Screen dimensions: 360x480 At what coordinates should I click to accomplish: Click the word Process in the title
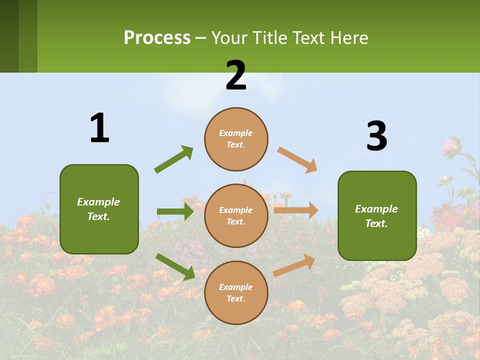coord(157,38)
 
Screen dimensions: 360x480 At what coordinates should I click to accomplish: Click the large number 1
coord(99,128)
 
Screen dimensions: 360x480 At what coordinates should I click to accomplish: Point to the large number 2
coord(236,75)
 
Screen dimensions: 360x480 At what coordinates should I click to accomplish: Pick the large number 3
coord(376,136)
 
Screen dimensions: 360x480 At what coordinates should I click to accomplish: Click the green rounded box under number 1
coord(99,209)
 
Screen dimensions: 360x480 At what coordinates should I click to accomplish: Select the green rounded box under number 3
coord(377,215)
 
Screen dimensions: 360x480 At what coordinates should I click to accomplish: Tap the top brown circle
coord(236,139)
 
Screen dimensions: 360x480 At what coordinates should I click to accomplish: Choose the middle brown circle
coord(236,215)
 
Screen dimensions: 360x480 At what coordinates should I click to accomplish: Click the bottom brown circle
coord(236,292)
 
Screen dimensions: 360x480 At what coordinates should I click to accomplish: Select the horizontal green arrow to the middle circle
coord(175,211)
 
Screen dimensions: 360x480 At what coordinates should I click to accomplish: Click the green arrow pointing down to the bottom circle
coord(175,266)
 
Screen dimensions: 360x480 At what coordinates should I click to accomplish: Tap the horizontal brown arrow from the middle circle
coord(295,210)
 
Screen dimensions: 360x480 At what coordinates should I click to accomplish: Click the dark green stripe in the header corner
coord(9,36)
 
